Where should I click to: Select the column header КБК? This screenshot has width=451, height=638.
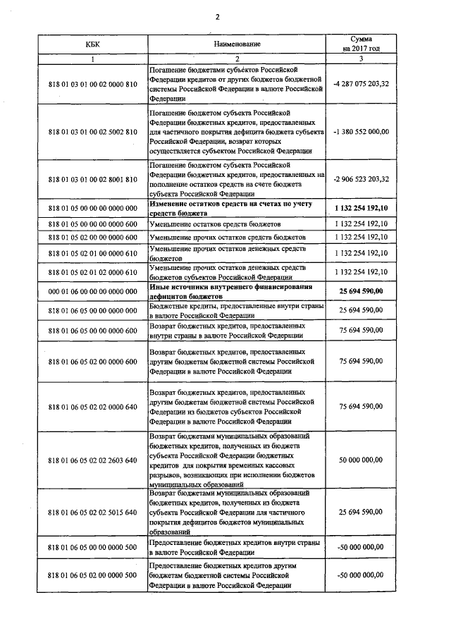point(92,44)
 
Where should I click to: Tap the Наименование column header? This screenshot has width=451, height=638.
point(237,44)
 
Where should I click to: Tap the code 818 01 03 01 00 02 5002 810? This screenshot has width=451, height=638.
point(92,132)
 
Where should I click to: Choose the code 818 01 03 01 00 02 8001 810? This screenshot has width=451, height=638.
point(92,179)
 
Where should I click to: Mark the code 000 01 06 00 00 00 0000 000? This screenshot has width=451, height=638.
point(92,291)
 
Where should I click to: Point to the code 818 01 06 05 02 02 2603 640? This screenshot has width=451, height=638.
point(92,460)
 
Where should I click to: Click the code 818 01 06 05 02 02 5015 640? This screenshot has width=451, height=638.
point(92,513)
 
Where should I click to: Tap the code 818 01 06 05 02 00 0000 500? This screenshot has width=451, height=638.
point(92,575)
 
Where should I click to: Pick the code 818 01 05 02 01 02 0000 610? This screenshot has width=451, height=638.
point(92,271)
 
